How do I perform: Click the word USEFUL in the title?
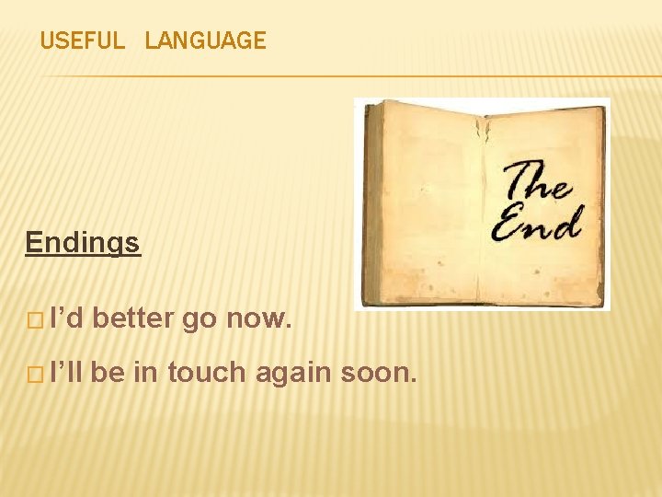tap(82, 40)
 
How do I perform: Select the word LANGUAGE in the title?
tap(205, 40)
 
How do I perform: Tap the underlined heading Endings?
tap(83, 243)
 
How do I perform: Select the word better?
tap(133, 319)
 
